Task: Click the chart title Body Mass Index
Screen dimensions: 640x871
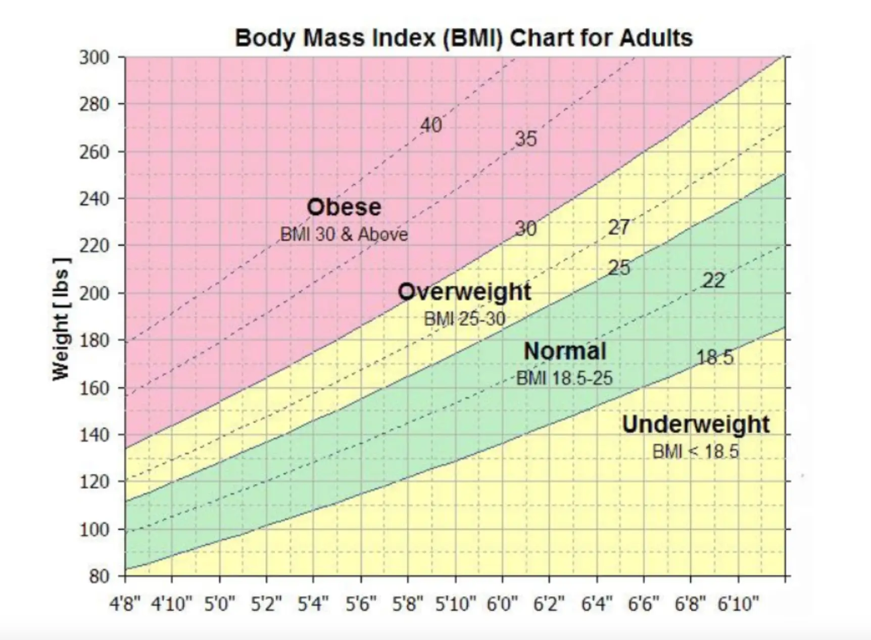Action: click(463, 38)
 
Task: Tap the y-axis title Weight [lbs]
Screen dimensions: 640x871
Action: click(61, 318)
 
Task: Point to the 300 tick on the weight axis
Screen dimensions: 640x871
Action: click(94, 57)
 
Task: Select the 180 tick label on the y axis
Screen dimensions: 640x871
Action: click(94, 340)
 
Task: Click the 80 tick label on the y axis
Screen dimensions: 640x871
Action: click(99, 576)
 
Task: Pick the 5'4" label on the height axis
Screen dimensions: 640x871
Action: click(313, 604)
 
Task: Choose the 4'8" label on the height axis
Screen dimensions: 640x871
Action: click(125, 604)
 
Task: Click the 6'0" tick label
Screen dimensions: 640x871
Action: click(502, 604)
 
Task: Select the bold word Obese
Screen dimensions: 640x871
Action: click(344, 207)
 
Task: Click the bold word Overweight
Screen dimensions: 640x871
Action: click(464, 292)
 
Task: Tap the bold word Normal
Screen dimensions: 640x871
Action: click(564, 351)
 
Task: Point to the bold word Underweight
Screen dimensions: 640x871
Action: click(696, 424)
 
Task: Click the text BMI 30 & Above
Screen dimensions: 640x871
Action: click(344, 235)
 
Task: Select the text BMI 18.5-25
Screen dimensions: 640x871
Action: click(564, 378)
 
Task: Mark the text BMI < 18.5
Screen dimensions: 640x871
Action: click(696, 451)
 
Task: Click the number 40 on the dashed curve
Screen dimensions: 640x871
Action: click(431, 125)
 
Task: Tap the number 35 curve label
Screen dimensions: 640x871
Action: click(525, 139)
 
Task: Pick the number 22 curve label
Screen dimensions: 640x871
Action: click(713, 281)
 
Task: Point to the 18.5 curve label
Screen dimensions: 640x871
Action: click(715, 358)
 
